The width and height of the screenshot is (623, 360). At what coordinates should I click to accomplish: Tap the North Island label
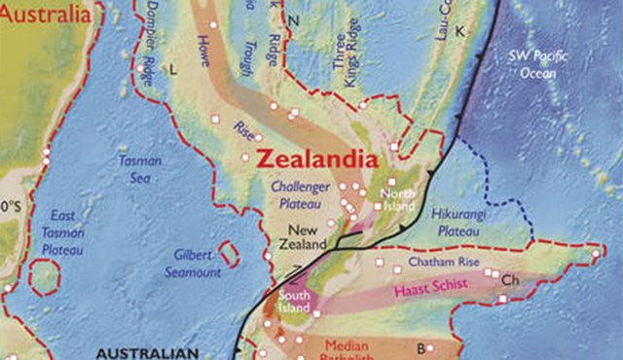click(x=397, y=199)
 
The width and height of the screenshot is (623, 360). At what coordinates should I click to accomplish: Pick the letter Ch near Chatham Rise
click(x=509, y=280)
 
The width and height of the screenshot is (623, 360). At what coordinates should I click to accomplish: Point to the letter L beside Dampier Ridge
click(x=172, y=70)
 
